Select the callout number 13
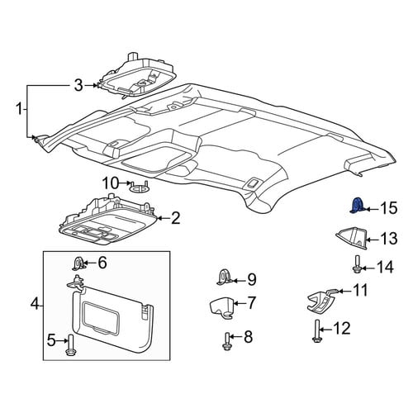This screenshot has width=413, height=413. pyautogui.click(x=388, y=239)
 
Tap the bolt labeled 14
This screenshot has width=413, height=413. pyautogui.click(x=357, y=264)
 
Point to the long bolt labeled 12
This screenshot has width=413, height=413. pyautogui.click(x=316, y=330)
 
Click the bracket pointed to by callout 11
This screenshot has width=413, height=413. pyautogui.click(x=321, y=301)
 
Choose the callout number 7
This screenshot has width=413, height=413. pyautogui.click(x=250, y=302)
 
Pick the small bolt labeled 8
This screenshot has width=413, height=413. pyautogui.click(x=226, y=341)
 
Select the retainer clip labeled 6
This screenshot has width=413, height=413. pyautogui.click(x=78, y=263)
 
